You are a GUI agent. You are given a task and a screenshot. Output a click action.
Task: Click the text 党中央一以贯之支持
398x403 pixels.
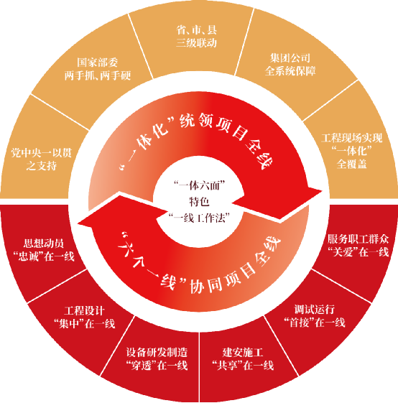point(41,159)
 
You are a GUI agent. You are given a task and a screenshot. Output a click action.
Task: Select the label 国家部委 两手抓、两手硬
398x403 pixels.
point(98,69)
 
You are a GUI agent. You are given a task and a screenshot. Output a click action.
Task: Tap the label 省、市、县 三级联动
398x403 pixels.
point(196,36)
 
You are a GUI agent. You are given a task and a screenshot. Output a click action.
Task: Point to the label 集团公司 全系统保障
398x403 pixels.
point(290,65)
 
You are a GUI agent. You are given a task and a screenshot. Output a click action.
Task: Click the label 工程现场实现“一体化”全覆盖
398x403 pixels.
point(352,151)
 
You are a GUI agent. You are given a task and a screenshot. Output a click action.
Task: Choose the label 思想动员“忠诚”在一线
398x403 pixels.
point(44,250)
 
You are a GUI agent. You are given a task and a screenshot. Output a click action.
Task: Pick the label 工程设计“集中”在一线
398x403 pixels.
point(84,318)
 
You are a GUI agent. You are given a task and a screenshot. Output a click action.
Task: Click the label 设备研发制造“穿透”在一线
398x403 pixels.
point(157,358)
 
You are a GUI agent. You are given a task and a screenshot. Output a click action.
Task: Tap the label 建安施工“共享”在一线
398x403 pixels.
point(243,358)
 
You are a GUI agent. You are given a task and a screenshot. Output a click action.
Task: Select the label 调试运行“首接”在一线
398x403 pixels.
point(314,315)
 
